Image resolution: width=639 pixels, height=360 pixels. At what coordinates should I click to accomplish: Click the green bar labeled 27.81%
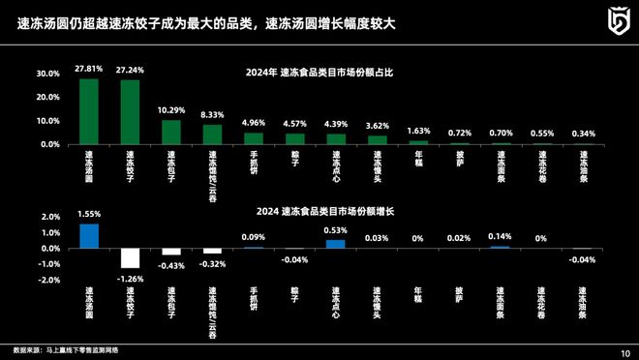[88, 111]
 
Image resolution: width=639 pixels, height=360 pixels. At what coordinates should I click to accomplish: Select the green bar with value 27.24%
[130, 112]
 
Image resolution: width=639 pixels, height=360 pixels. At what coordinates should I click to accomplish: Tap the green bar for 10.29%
[171, 132]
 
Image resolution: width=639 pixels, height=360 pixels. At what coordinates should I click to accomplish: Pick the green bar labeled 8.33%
[212, 134]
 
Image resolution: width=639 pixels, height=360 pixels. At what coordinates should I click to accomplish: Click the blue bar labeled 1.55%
[88, 236]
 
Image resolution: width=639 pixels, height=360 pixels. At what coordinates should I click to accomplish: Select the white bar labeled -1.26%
[130, 257]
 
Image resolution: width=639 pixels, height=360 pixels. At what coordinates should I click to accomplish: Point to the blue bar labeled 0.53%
[336, 244]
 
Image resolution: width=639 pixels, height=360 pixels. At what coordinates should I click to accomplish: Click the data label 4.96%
[254, 123]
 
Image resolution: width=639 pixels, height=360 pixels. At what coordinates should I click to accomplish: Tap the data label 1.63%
[418, 130]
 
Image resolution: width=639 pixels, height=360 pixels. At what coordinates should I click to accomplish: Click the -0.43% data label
[171, 265]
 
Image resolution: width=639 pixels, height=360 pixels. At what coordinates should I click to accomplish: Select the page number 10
[624, 351]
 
